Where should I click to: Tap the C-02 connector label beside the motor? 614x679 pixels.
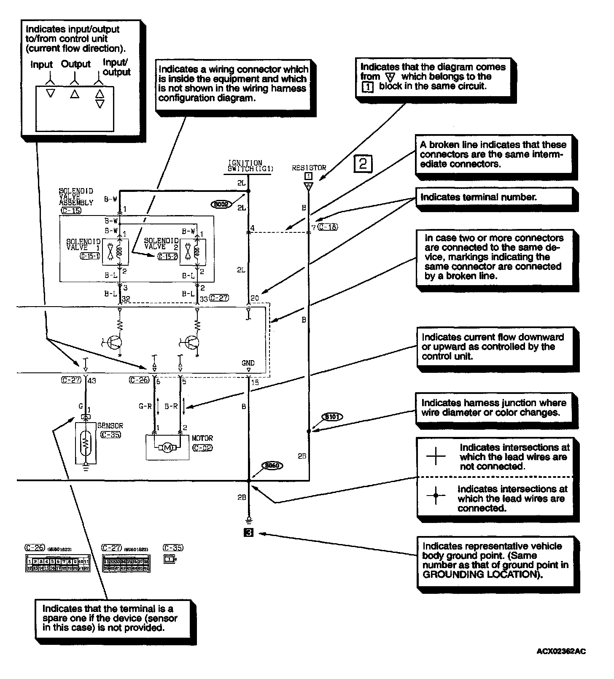(202, 448)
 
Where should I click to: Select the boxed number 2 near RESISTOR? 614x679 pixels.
(363, 163)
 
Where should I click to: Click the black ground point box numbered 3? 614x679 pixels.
(249, 533)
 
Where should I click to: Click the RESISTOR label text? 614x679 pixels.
(309, 168)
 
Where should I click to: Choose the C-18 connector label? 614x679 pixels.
(328, 227)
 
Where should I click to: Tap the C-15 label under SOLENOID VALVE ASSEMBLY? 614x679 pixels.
(71, 210)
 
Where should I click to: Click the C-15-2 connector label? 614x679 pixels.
(167, 256)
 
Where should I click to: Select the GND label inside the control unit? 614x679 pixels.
(248, 363)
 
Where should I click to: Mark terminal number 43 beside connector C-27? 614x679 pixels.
(92, 381)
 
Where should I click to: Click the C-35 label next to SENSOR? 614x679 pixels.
(111, 434)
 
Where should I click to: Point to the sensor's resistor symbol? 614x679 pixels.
(86, 442)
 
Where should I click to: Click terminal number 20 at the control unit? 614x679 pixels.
(255, 299)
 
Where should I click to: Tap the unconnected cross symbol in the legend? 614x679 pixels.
(436, 456)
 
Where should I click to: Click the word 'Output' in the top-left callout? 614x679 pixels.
(76, 64)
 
